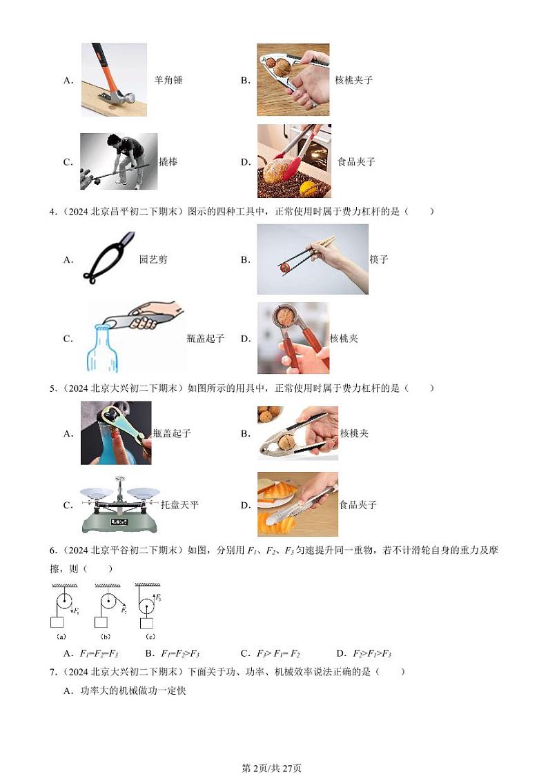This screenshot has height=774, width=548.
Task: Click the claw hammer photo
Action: tap(114, 79)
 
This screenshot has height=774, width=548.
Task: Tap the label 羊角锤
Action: tap(168, 80)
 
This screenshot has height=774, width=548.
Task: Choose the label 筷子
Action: tap(379, 260)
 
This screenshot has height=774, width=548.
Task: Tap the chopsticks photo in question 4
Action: tap(313, 259)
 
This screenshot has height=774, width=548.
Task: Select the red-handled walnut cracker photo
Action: tap(292, 338)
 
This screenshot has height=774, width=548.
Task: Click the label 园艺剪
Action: tap(153, 260)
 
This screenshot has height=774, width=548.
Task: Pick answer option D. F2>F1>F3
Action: tap(364, 653)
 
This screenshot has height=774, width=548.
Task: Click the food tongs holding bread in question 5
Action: tap(297, 504)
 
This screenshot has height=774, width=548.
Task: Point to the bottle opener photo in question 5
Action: tap(116, 433)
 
